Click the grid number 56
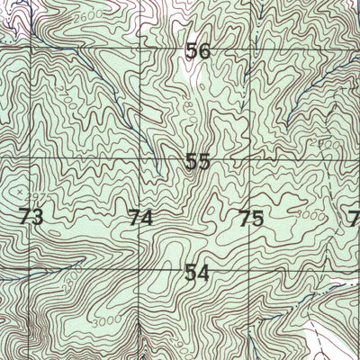198,52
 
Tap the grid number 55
198,163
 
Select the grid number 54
196,273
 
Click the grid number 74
139,218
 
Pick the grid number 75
251,218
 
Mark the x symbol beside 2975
17,191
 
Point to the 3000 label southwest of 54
105,320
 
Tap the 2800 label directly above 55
187,110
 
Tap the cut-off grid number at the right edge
354,218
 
